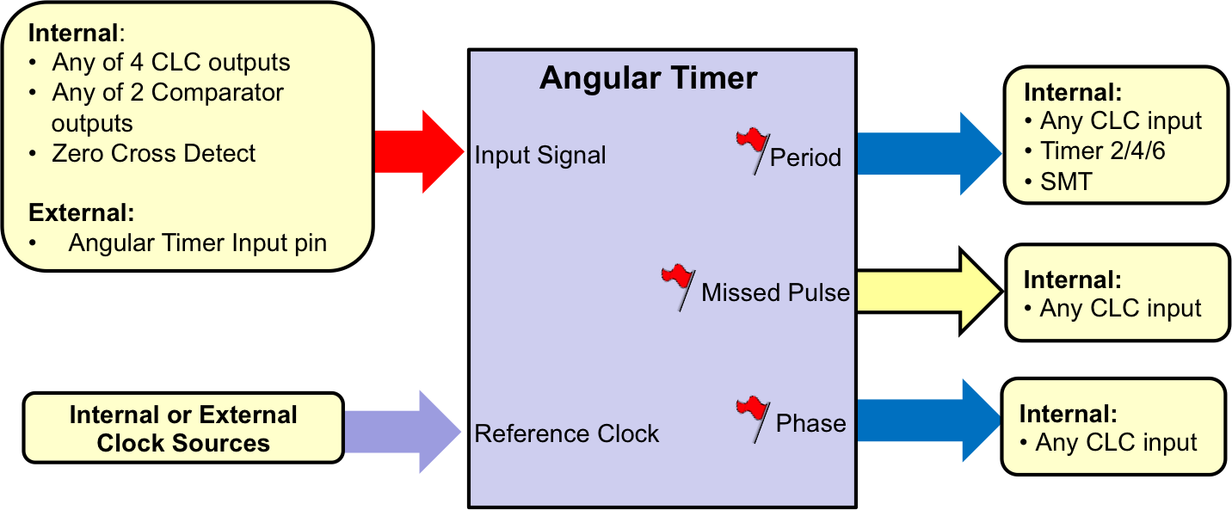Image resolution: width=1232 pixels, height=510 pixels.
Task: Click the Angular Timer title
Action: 648,79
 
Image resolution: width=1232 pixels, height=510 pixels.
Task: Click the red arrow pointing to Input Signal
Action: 419,152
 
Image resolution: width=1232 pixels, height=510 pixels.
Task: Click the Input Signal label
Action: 540,156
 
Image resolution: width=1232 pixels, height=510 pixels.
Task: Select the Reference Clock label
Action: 566,433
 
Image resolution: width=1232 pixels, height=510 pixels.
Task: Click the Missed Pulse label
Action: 775,292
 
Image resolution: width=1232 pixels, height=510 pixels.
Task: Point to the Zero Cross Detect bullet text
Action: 154,154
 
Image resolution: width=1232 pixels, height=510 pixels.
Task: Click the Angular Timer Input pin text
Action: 198,243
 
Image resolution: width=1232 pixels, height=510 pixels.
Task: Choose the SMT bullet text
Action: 1066,181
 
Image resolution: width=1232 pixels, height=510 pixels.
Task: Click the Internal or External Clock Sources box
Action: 183,428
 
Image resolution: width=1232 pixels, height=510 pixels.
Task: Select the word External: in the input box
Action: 82,212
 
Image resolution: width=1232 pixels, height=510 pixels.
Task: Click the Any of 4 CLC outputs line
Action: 171,63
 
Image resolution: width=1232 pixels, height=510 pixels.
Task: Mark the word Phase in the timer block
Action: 810,424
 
